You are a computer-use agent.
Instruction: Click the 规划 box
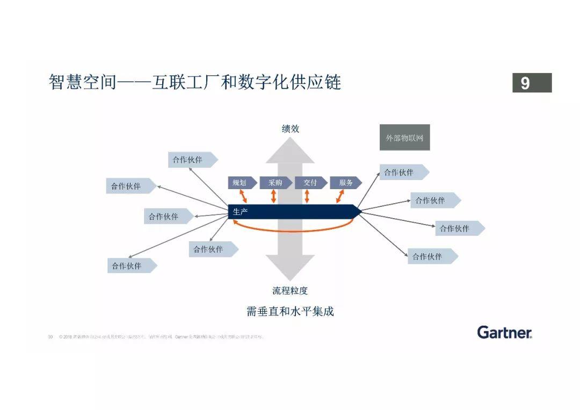tap(240, 183)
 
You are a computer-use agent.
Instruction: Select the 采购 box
tap(275, 183)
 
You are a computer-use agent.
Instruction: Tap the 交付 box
tap(310, 183)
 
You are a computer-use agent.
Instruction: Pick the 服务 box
tap(345, 183)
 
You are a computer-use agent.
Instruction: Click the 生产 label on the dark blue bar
tap(240, 212)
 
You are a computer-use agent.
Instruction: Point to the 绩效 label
tap(291, 129)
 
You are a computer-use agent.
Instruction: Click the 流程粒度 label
tap(290, 291)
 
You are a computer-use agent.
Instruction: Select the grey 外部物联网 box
tap(404, 138)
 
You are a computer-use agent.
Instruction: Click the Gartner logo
tap(504, 332)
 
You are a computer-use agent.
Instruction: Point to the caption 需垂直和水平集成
tap(290, 312)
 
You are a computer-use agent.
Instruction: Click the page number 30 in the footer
tap(50, 337)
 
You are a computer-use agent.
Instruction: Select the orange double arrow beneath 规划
tap(243, 196)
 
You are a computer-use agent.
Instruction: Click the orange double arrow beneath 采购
tap(274, 196)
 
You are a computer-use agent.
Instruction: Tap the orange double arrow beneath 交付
tap(307, 196)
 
